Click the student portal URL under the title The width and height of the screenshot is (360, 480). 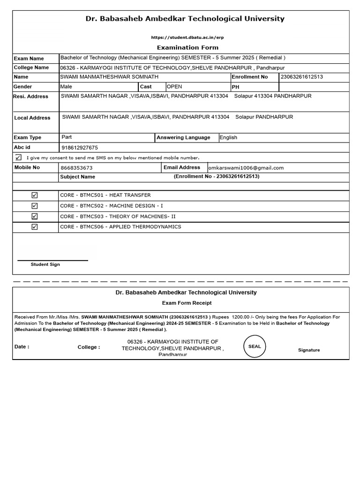point(184,37)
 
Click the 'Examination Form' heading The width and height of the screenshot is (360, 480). point(187,47)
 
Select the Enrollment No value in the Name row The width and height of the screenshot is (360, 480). point(301,77)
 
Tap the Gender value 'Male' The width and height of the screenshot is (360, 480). point(66,87)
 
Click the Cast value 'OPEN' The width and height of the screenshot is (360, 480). point(174,87)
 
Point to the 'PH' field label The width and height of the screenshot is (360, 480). point(235,87)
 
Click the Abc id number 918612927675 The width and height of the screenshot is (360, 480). point(80,148)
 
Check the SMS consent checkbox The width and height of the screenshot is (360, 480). point(18,157)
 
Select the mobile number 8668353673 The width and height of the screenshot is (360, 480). point(77,168)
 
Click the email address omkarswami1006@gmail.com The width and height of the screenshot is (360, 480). point(246,168)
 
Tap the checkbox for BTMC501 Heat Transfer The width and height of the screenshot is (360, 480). point(35,195)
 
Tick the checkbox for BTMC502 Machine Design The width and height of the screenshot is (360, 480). point(35,206)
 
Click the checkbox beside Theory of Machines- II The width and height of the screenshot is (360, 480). point(35,217)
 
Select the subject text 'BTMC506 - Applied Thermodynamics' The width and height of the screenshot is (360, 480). point(120,227)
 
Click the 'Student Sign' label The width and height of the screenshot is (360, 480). point(45,264)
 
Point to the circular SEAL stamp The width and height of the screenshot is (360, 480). point(255,346)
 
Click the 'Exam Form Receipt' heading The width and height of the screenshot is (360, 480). point(187,303)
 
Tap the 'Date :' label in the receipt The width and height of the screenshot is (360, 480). point(22,347)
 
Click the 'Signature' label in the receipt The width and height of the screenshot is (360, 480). point(309,350)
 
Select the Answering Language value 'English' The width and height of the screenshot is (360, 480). point(228,138)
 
